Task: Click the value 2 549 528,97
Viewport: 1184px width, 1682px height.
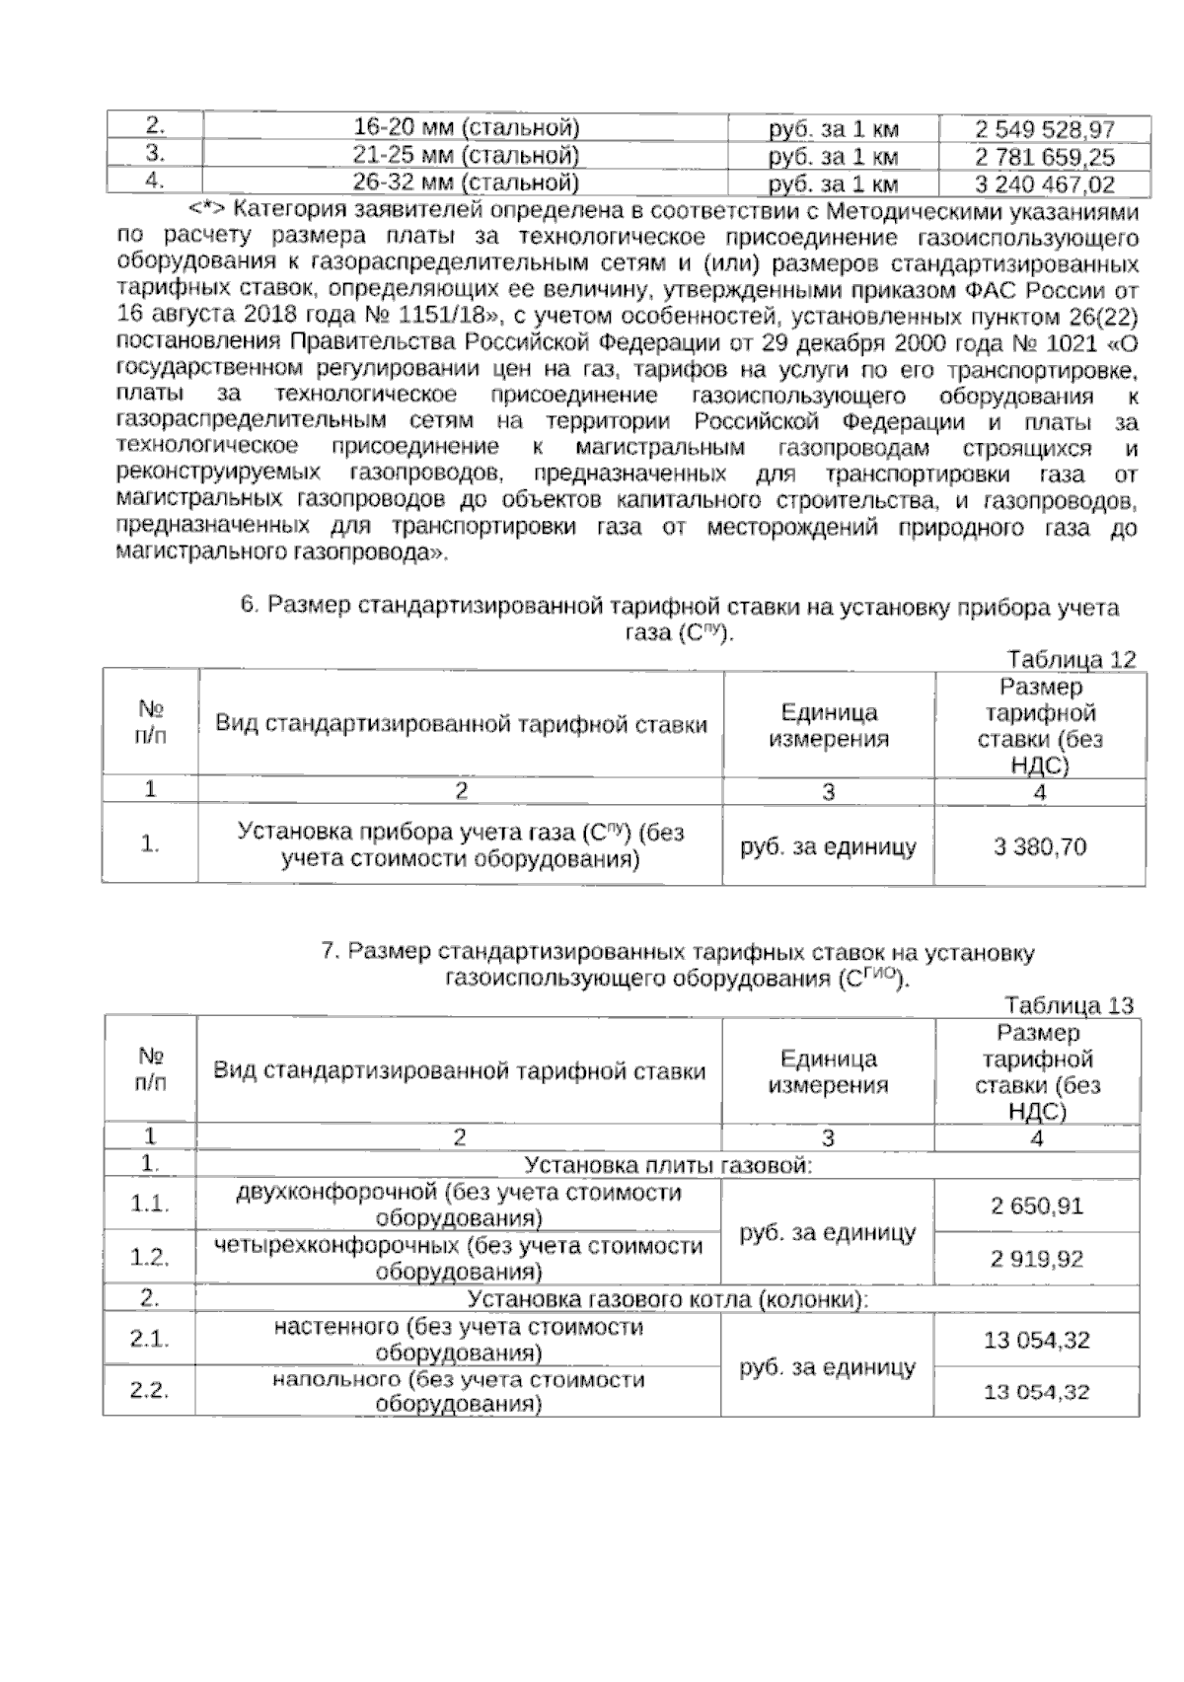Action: pyautogui.click(x=1044, y=129)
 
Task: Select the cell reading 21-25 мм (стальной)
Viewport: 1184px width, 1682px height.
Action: pyautogui.click(x=466, y=156)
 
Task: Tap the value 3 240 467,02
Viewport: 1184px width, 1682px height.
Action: pyautogui.click(x=1044, y=184)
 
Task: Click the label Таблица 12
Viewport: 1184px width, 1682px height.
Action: pyautogui.click(x=1072, y=659)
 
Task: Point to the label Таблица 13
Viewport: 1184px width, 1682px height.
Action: pyautogui.click(x=1070, y=1005)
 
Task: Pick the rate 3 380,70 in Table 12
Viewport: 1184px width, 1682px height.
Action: pyautogui.click(x=1040, y=845)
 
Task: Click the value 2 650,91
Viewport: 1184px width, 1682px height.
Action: pyautogui.click(x=1036, y=1206)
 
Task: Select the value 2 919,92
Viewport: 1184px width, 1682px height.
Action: pyautogui.click(x=1036, y=1258)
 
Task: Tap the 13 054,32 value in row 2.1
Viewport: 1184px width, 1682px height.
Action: pyautogui.click(x=1036, y=1340)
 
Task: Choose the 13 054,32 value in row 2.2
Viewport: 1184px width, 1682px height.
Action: pyautogui.click(x=1036, y=1392)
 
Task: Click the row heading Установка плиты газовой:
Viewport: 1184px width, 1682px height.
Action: pyautogui.click(x=667, y=1165)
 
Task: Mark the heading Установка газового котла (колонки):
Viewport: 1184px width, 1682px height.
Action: pyautogui.click(x=667, y=1299)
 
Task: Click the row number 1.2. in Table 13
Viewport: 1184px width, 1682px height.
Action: pyautogui.click(x=150, y=1257)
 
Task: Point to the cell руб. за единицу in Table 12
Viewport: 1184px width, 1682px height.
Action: pyautogui.click(x=828, y=845)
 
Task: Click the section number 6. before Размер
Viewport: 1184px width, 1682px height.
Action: pyautogui.click(x=250, y=606)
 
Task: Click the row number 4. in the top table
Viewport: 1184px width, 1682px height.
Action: pyautogui.click(x=153, y=182)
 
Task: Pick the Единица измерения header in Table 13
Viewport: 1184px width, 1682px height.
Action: pyautogui.click(x=828, y=1072)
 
